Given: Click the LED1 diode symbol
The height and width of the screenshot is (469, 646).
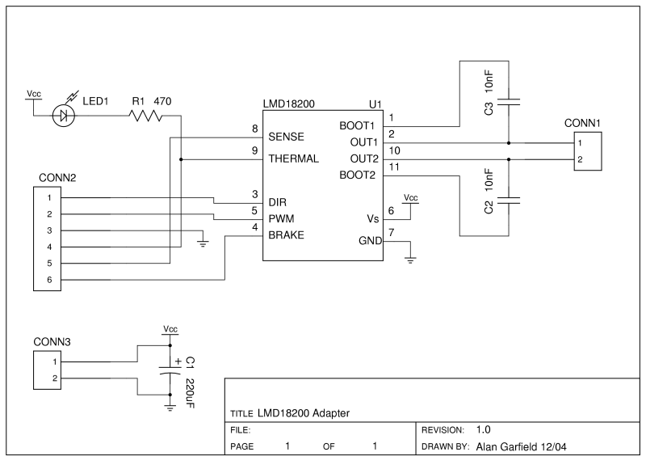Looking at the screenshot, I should [x=63, y=116].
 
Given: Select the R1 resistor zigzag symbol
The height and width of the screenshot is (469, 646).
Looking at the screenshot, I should [x=145, y=116].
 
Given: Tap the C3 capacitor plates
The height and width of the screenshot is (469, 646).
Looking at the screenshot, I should [x=509, y=103].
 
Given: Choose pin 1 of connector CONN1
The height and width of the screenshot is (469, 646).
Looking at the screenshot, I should [x=579, y=143].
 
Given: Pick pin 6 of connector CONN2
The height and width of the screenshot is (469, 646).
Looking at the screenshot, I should [x=49, y=280].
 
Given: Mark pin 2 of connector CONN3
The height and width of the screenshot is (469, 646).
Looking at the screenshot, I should [x=54, y=378].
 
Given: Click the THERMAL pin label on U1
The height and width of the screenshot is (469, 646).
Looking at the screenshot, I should [x=295, y=158].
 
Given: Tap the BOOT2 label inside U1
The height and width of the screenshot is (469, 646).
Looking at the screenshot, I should [x=358, y=174].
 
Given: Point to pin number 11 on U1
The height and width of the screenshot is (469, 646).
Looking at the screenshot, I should [x=393, y=167].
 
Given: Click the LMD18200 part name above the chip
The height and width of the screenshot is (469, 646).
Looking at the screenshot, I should [x=290, y=105].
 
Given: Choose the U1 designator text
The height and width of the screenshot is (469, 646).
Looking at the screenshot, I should [x=375, y=105].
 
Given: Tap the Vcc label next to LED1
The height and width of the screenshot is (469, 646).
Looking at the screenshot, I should [x=34, y=94].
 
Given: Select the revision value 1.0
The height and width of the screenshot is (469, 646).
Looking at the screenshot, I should [x=484, y=429].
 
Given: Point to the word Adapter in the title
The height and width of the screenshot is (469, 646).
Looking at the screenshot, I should [x=329, y=412].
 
